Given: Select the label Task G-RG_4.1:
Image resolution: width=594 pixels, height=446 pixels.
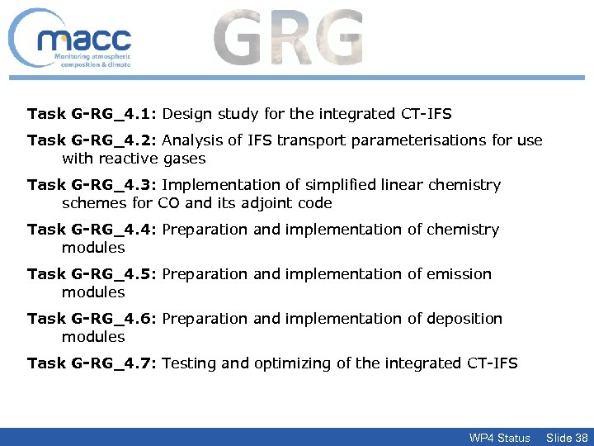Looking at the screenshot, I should point(92,113).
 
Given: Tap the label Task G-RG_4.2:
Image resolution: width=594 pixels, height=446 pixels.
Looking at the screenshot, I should point(92,140).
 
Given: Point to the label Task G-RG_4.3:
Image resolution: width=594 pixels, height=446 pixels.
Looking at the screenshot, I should point(92,185).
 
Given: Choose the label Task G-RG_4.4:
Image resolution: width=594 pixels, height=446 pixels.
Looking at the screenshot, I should point(92,230).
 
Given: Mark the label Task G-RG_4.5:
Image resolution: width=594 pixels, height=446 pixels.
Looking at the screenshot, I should point(92,274).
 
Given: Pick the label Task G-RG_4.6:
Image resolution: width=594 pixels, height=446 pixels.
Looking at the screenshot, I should point(92,319).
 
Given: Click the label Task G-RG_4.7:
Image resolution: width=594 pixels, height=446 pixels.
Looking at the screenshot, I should point(92,363).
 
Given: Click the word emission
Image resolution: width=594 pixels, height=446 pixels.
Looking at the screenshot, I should point(459,274).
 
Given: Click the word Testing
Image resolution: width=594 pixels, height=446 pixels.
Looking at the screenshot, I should point(191,363).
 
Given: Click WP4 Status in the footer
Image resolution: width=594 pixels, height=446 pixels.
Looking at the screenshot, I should point(499,437).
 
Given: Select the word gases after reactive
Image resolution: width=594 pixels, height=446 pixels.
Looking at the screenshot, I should point(185,159).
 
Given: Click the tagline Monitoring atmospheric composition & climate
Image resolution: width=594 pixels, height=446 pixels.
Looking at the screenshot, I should point(92,59).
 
